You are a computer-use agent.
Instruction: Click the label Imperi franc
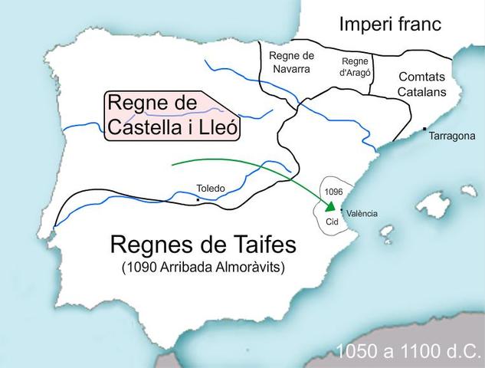point(390,25)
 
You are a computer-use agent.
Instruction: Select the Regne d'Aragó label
point(355,67)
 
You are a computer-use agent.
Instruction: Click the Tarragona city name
point(452,136)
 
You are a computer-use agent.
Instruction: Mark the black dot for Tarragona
point(424,129)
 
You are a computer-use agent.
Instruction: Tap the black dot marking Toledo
point(198,200)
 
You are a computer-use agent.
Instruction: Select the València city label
point(361,214)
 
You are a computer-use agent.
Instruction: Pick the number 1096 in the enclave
point(333,190)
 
